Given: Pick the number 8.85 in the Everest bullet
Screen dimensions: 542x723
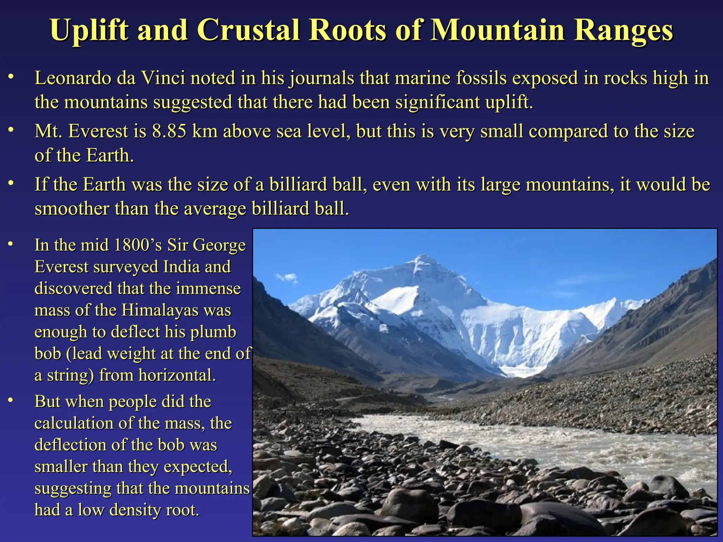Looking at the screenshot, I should point(169,131).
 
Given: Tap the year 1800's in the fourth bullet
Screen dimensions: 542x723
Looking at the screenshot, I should point(138,245).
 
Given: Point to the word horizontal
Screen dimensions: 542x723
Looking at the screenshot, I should point(177,375).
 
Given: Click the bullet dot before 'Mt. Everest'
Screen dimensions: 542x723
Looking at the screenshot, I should point(11,130).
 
